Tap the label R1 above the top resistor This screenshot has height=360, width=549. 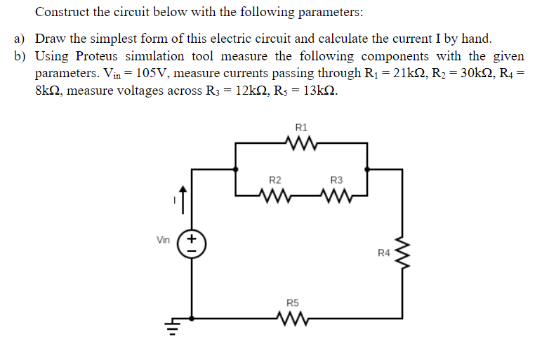coord(301,128)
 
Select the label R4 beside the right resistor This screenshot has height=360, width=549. coord(383,252)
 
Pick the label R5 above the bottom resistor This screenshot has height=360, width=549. coord(293,304)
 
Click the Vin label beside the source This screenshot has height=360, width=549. coord(163,240)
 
